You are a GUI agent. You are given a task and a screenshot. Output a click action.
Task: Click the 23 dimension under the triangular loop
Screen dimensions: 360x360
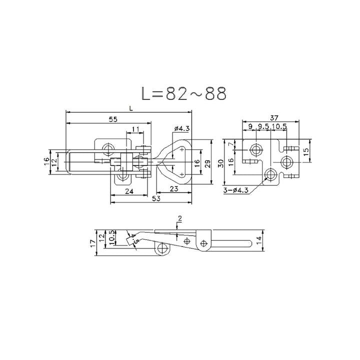[x=174, y=189]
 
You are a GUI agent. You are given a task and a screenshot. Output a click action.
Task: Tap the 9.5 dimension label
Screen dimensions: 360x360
[x=263, y=126]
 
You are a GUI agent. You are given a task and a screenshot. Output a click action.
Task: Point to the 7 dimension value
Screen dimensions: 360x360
[x=231, y=144]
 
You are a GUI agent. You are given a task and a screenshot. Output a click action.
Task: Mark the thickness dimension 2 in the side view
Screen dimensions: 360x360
[x=179, y=218]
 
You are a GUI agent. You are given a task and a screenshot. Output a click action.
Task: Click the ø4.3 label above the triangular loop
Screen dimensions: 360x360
[x=181, y=128]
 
